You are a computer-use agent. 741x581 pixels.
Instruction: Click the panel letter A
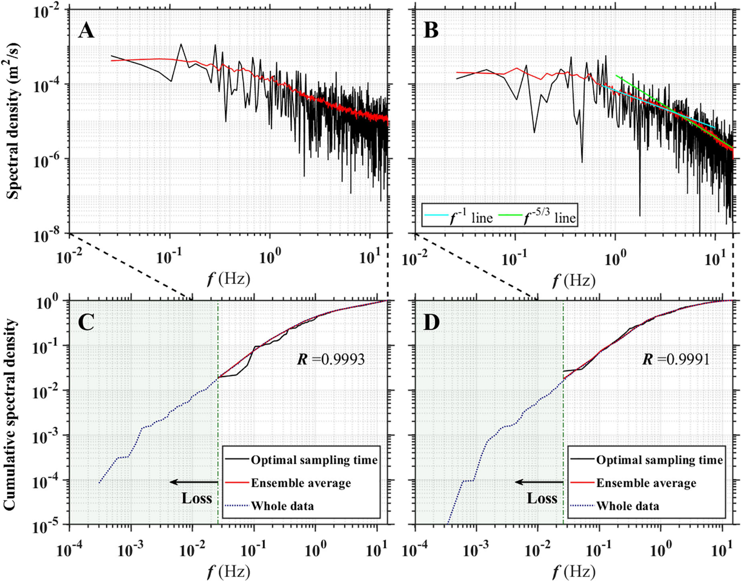(x=86, y=32)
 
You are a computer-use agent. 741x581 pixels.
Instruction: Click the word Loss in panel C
(x=197, y=498)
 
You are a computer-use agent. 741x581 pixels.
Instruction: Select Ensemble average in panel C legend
(x=300, y=483)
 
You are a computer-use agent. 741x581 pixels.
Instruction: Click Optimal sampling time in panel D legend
(x=659, y=460)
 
